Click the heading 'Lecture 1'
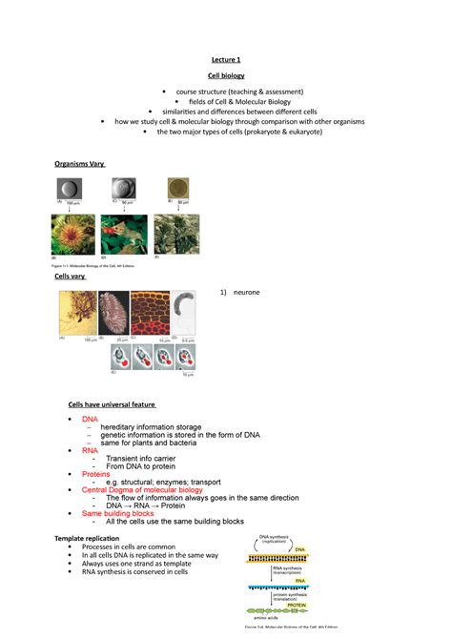225,59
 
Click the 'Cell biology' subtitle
225,75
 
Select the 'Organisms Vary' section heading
85,164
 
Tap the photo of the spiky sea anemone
72,235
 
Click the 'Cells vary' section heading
70,276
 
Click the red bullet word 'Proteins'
95,473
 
